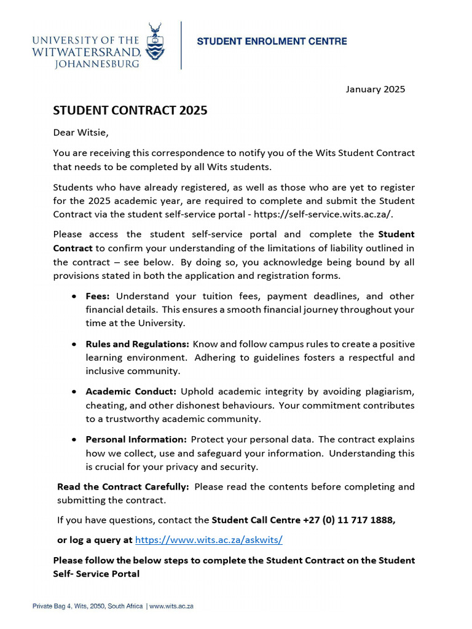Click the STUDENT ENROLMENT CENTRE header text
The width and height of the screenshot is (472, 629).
pyautogui.click(x=272, y=42)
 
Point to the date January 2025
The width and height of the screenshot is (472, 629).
pyautogui.click(x=375, y=89)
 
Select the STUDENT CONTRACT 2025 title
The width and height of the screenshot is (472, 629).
pyautogui.click(x=130, y=111)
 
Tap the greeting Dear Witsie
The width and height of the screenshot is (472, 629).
pyautogui.click(x=81, y=132)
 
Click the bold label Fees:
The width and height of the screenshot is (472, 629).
pyautogui.click(x=98, y=296)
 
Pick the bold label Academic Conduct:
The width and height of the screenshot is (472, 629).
pyautogui.click(x=131, y=392)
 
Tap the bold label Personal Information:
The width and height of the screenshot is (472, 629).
pyautogui.click(x=136, y=440)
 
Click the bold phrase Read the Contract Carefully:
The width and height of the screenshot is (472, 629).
pyautogui.click(x=123, y=486)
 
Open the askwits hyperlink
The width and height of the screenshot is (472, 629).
pyautogui.click(x=208, y=540)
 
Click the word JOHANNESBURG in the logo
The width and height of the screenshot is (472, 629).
pyautogui.click(x=97, y=63)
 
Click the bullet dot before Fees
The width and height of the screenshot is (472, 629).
pyautogui.click(x=74, y=297)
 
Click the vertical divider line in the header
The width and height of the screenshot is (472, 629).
pyautogui.click(x=181, y=45)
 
